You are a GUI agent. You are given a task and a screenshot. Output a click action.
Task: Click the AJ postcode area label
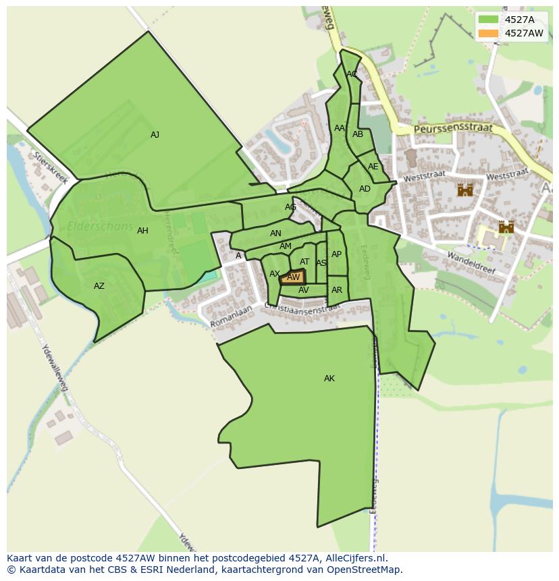click(155, 135)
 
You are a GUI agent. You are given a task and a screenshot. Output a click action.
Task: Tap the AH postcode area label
click(142, 231)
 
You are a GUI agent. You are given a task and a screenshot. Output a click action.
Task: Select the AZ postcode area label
click(99, 286)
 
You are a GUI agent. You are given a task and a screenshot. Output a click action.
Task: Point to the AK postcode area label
click(329, 379)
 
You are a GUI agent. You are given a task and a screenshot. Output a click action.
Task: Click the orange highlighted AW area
click(293, 277)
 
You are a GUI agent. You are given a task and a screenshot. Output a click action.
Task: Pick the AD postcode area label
click(365, 189)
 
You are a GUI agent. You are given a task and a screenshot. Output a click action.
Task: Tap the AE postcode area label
click(373, 167)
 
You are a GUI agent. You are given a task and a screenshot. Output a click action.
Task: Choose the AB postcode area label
click(358, 134)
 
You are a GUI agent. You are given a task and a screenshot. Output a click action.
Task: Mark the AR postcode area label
click(337, 290)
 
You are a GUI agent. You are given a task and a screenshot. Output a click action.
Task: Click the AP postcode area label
click(336, 254)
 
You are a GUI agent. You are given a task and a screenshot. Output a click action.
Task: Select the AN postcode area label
click(275, 233)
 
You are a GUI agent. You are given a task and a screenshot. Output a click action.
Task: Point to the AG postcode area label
click(290, 207)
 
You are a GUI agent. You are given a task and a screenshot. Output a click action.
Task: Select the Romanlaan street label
click(230, 316)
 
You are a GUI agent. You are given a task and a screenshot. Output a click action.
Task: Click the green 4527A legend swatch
click(488, 20)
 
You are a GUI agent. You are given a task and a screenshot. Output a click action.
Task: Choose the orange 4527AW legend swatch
click(488, 33)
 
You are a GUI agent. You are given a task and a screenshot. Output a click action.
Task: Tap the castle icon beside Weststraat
click(465, 190)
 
